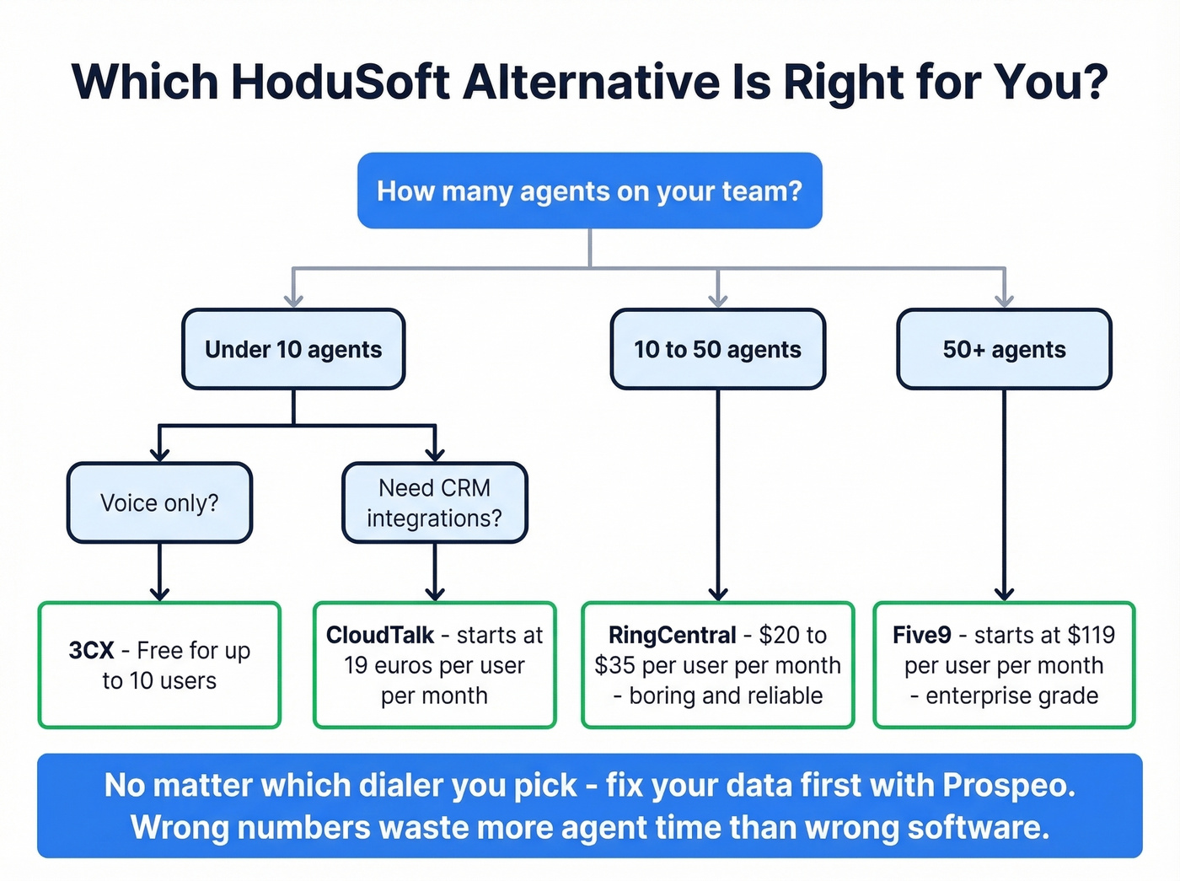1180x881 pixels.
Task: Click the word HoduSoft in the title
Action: click(x=340, y=83)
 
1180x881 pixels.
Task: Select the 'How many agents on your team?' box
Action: click(x=589, y=191)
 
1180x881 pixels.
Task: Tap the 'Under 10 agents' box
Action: click(x=293, y=349)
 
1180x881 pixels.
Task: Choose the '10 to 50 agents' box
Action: click(x=717, y=349)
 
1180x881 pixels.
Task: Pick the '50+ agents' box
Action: click(x=1004, y=349)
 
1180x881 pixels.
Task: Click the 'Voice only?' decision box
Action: click(x=159, y=502)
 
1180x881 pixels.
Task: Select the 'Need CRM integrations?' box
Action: click(x=434, y=502)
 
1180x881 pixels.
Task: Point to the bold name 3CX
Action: click(x=91, y=651)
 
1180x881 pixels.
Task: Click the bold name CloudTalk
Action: click(x=380, y=635)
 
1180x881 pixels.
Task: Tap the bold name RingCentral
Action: click(x=673, y=635)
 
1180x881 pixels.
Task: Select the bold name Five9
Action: click(x=922, y=635)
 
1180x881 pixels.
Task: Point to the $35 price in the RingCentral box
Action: click(x=614, y=665)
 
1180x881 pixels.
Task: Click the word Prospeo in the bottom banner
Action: click(x=1008, y=785)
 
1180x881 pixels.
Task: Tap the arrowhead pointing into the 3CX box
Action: click(x=159, y=594)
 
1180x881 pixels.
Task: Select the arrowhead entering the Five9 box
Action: click(x=1004, y=594)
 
